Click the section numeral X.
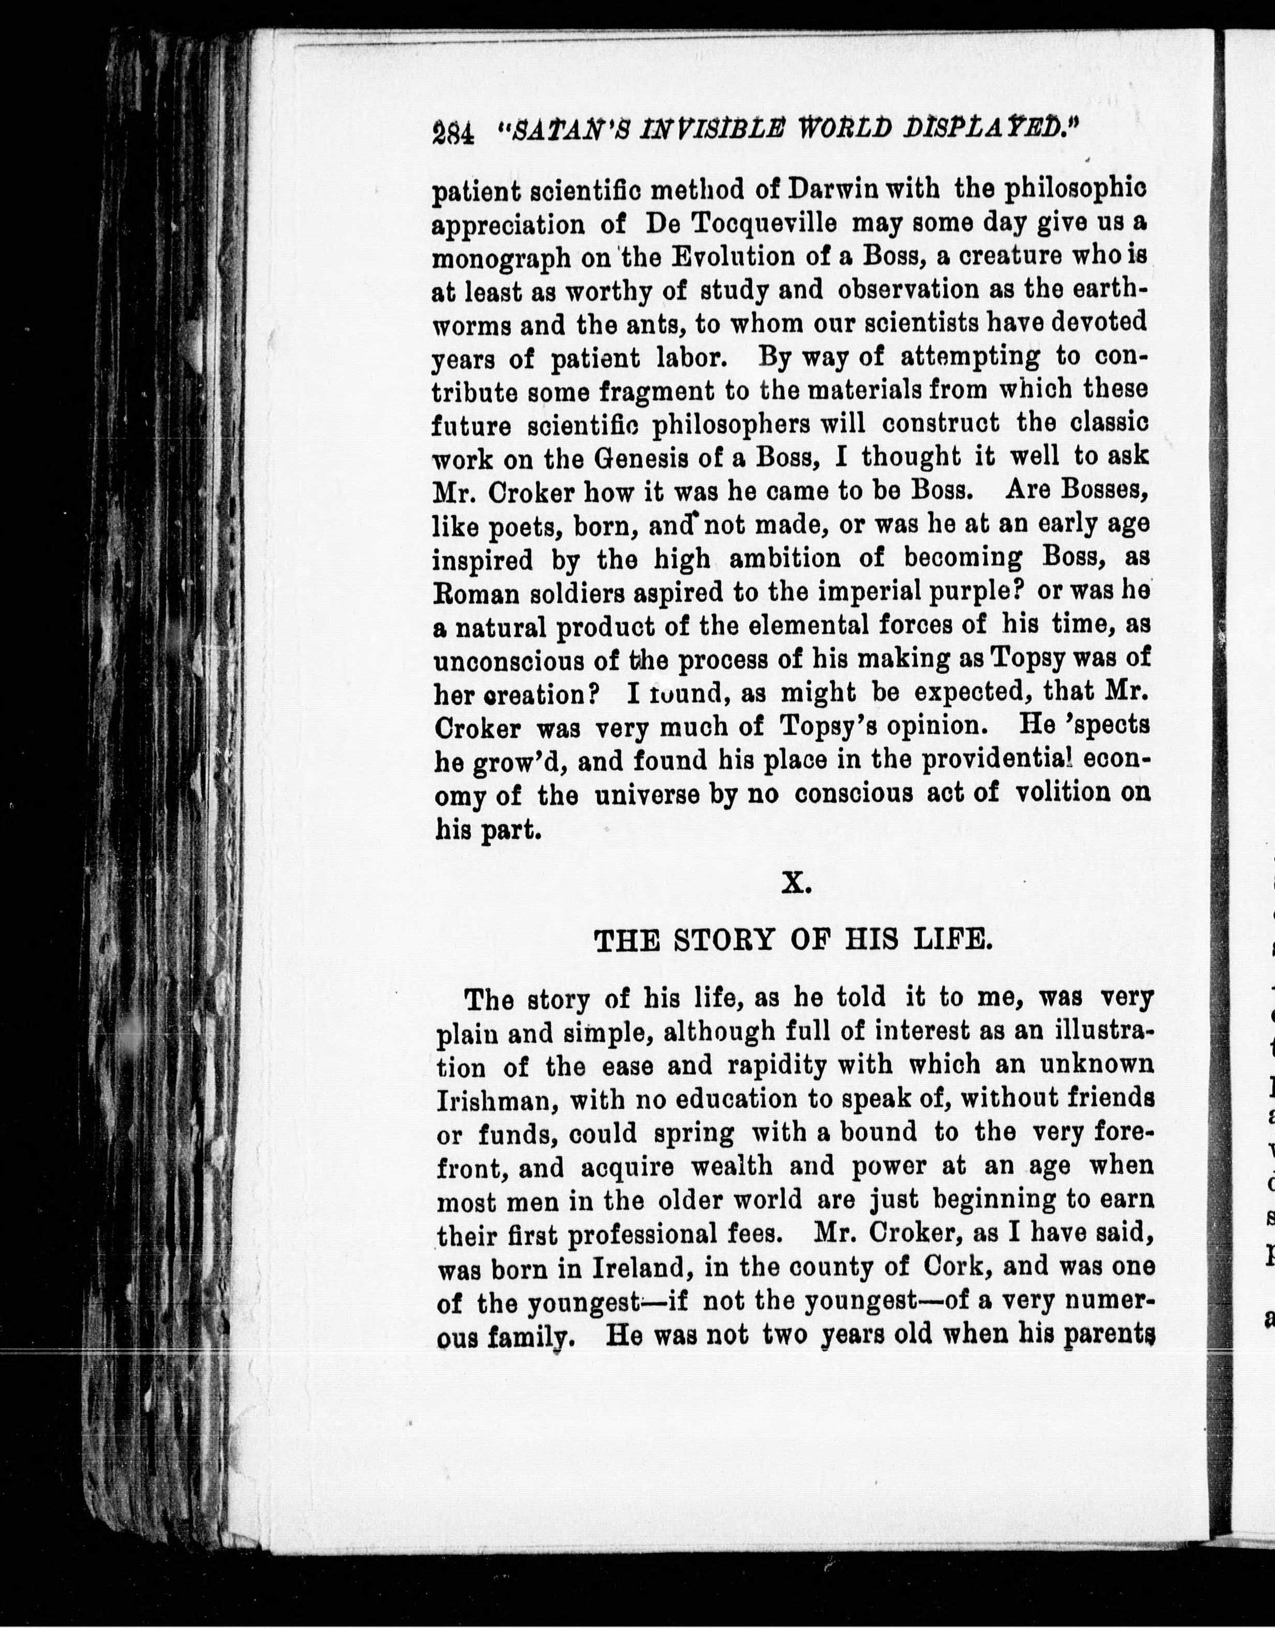(795, 884)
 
